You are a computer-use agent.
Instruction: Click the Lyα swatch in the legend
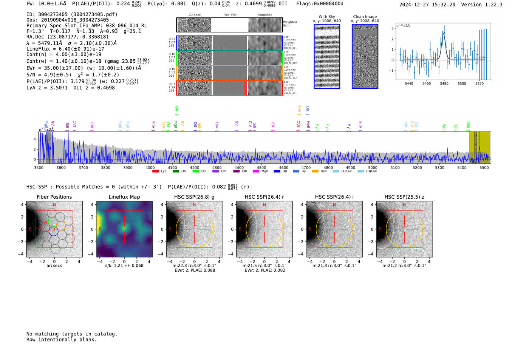[155, 172]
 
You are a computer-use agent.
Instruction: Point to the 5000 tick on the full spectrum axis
[373, 167]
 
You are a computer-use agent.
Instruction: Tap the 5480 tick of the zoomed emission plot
[444, 83]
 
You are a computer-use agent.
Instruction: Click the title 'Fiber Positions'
[54, 197]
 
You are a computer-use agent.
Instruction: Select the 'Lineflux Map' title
[124, 197]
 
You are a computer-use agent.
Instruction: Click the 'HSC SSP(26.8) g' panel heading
[194, 197]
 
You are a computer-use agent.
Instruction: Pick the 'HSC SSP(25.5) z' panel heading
[404, 197]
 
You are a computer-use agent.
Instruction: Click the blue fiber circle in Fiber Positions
[53, 231]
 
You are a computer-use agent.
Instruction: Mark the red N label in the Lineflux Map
[124, 205]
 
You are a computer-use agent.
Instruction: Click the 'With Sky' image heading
[327, 17]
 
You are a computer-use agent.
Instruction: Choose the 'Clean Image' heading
[365, 17]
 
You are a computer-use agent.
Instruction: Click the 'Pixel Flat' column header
[230, 15]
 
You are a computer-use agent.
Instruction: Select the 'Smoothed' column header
[264, 15]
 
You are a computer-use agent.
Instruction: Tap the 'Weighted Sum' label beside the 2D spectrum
[290, 24]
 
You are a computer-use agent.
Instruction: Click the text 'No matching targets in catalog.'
[72, 334]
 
